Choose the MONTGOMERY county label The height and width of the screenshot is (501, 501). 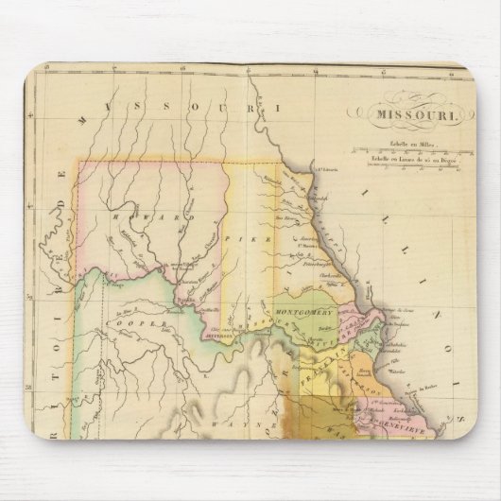(300, 310)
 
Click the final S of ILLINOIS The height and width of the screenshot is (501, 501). (458, 411)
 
